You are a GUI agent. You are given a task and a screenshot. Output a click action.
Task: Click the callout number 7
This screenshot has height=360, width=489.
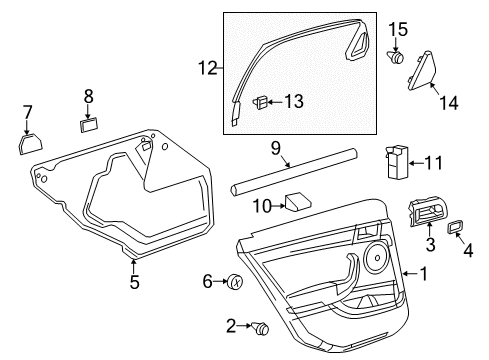click(28, 111)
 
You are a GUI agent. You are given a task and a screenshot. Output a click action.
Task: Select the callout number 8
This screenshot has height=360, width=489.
click(88, 96)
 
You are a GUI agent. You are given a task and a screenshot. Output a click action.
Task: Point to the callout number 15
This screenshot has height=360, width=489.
click(399, 30)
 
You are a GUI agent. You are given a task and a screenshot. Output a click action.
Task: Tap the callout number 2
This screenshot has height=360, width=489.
click(230, 326)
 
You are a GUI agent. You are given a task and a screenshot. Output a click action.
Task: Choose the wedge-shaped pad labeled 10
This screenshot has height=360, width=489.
click(298, 202)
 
